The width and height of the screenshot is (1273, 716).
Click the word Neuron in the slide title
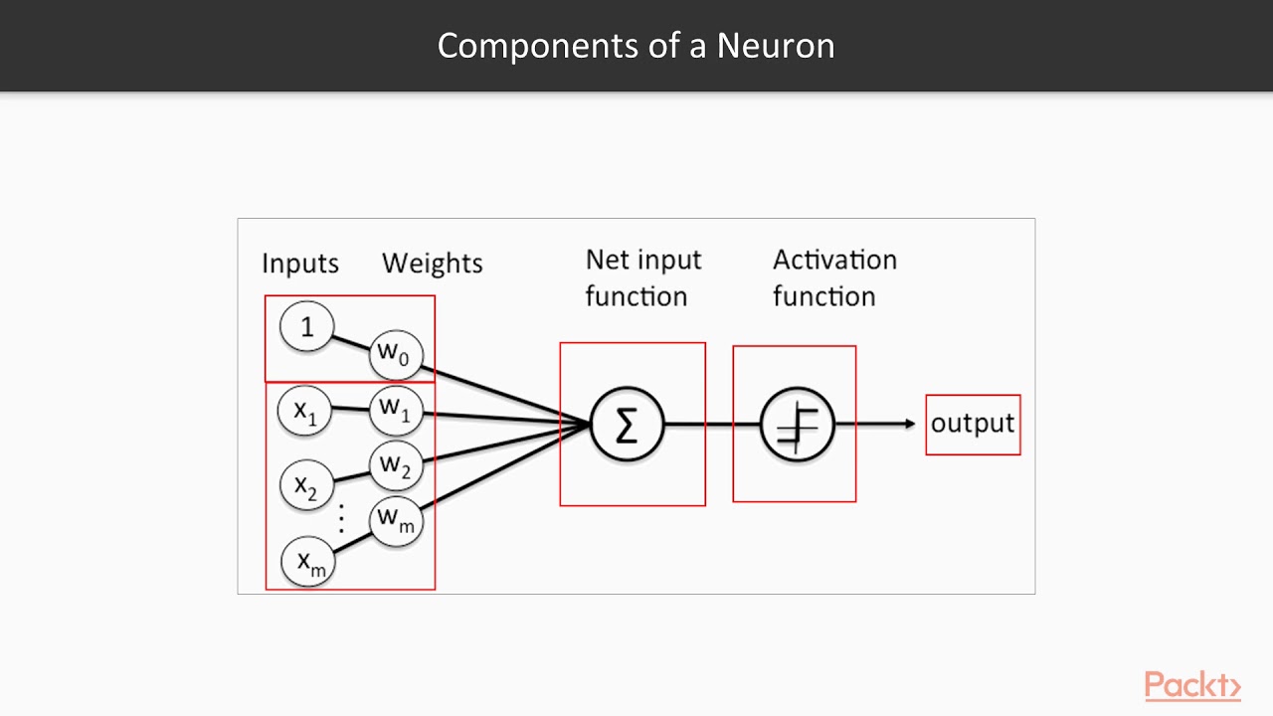tap(776, 46)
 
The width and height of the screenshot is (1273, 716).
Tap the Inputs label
tap(300, 264)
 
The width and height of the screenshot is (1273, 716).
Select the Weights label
tap(432, 264)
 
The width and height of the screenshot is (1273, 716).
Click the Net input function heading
tap(642, 277)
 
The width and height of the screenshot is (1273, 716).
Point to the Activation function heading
tap(834, 277)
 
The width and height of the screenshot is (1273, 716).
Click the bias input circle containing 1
tap(306, 326)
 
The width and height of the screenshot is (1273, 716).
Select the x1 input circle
tap(304, 410)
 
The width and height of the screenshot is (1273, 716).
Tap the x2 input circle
tap(305, 485)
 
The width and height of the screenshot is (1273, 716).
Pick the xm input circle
tap(308, 562)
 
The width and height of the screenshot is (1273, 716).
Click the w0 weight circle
tap(395, 353)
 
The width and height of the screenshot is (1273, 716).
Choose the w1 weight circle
tap(395, 409)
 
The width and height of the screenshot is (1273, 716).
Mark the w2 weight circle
tap(395, 464)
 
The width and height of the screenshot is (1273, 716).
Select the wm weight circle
tap(395, 519)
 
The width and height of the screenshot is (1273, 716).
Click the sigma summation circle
tap(627, 425)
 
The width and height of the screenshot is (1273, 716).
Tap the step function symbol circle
tap(797, 425)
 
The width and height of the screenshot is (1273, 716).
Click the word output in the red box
tap(972, 424)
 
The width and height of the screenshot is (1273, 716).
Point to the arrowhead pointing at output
tap(909, 425)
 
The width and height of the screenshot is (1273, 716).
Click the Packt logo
tap(1191, 686)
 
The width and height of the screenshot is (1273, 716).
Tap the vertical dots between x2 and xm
tap(341, 517)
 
